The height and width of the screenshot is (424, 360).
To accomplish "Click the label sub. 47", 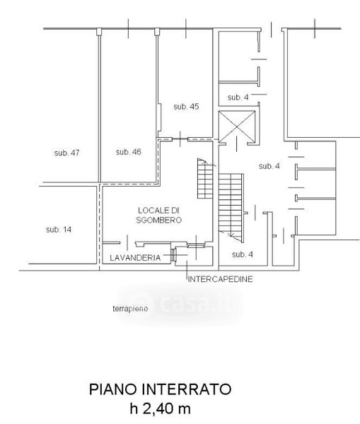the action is pyautogui.click(x=67, y=153).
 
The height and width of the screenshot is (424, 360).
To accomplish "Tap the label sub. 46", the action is pyautogui.click(x=129, y=152).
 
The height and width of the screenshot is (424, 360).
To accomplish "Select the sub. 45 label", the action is pyautogui.click(x=186, y=107).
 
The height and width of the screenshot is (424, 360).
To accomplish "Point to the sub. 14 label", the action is pyautogui.click(x=59, y=230).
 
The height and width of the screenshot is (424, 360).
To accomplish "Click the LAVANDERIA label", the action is pyautogui.click(x=135, y=258).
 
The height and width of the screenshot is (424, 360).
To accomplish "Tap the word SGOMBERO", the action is pyautogui.click(x=158, y=220).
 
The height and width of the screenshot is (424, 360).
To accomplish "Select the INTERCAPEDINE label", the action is pyautogui.click(x=221, y=279).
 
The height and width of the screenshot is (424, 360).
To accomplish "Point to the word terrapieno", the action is pyautogui.click(x=130, y=309).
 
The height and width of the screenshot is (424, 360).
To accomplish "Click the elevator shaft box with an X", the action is pyautogui.click(x=237, y=126).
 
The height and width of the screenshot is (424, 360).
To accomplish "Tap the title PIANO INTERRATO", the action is pyautogui.click(x=161, y=389).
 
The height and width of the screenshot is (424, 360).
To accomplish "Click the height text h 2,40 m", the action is pyautogui.click(x=161, y=408).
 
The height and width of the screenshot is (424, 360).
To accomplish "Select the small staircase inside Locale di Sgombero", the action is pyautogui.click(x=205, y=179).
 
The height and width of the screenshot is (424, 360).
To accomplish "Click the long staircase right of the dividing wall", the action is pyautogui.click(x=231, y=207).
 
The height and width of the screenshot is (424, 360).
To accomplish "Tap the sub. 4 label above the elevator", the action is pyautogui.click(x=238, y=98).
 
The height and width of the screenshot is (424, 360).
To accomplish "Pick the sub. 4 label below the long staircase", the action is pyautogui.click(x=243, y=254).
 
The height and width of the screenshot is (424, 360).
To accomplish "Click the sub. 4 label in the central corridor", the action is pyautogui.click(x=269, y=166).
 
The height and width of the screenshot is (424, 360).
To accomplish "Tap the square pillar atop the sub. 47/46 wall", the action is pyautogui.click(x=99, y=31).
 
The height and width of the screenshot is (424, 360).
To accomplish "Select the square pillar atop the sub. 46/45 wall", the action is pyautogui.click(x=157, y=32).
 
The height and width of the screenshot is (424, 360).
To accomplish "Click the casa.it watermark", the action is pyautogui.click(x=180, y=304).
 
